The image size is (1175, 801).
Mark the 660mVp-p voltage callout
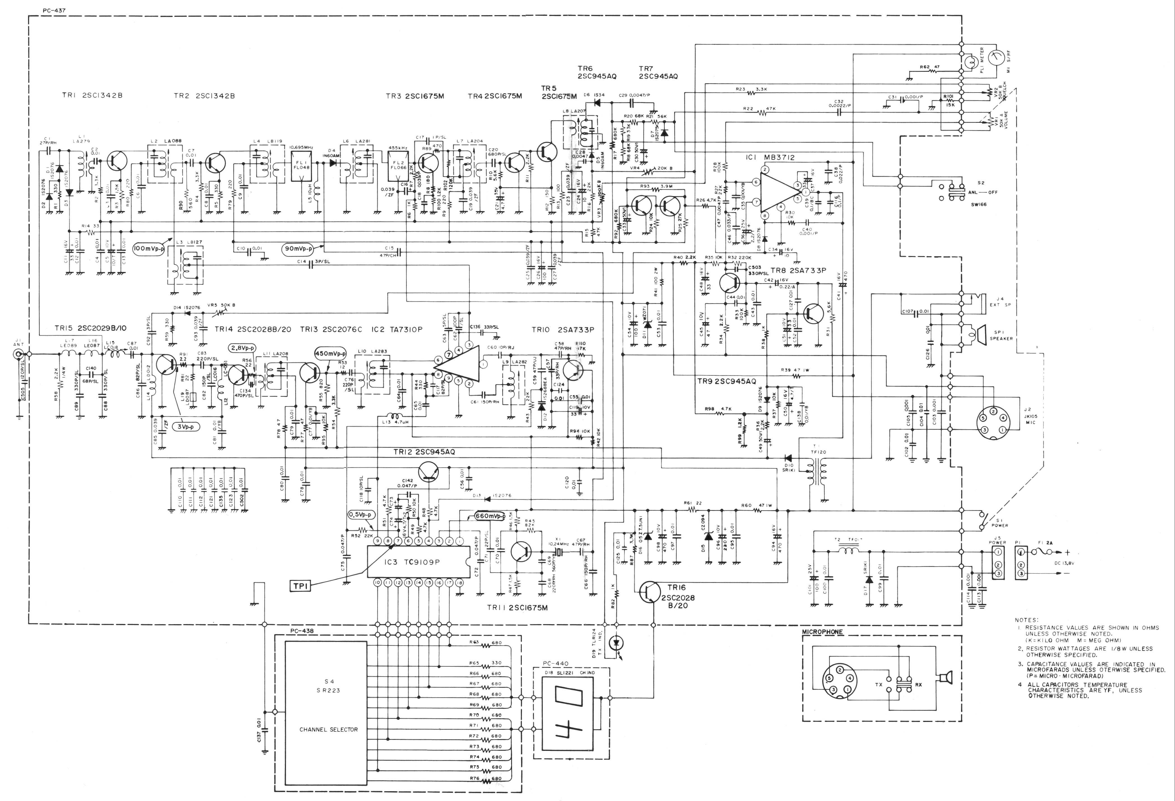[490, 517]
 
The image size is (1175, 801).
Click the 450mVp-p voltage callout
[330, 354]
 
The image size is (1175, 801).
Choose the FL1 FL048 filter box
[302, 165]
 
